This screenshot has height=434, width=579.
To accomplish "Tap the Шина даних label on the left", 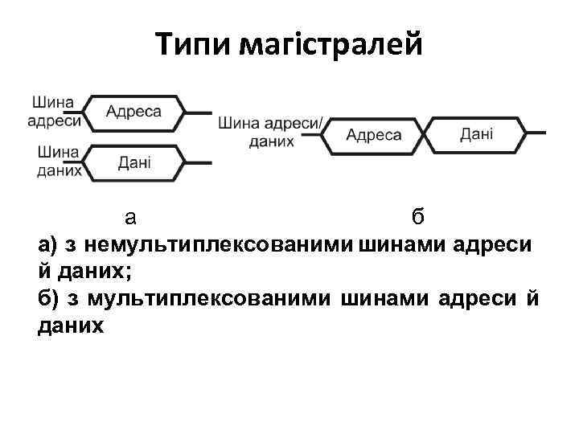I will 57,160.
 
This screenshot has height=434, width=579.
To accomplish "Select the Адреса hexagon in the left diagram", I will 133,112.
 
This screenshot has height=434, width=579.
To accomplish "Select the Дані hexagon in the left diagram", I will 133,162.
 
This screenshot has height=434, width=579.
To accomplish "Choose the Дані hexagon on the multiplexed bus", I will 476,133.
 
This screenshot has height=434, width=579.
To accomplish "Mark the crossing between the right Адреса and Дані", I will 425,133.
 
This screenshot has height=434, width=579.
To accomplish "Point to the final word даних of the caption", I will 71,326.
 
